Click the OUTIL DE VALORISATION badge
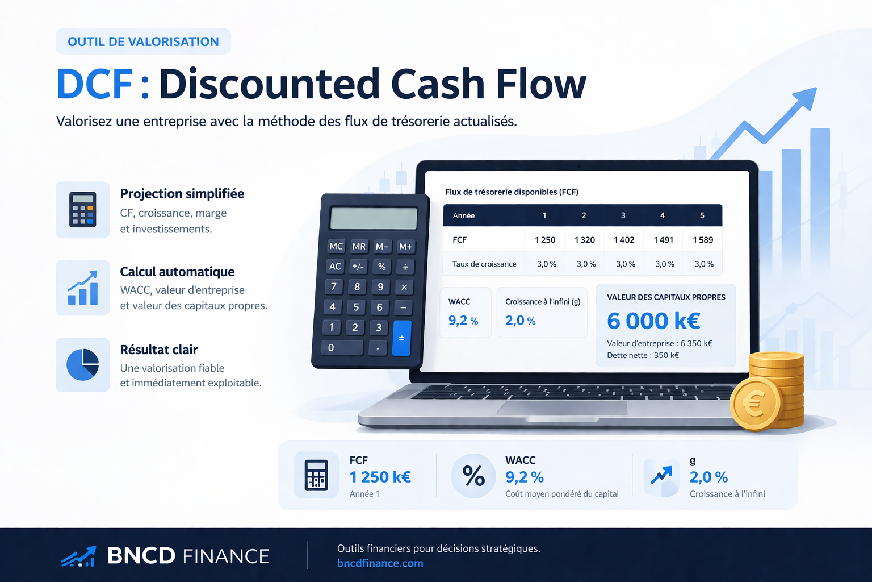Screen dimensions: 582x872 (x=143, y=41)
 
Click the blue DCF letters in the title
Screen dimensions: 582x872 (x=95, y=85)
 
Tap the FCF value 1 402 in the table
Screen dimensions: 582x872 (x=624, y=240)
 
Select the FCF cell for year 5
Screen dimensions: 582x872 (x=702, y=240)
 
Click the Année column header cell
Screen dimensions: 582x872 (x=464, y=215)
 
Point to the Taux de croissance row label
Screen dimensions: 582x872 (x=484, y=264)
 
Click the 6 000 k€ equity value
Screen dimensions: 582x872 (x=653, y=321)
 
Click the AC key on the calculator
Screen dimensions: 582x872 (x=336, y=267)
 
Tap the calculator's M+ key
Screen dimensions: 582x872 (x=405, y=247)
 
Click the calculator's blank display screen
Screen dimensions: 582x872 (x=374, y=219)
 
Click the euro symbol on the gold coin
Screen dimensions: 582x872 (x=755, y=405)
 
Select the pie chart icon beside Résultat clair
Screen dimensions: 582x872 (x=83, y=364)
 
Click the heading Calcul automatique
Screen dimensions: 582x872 (x=177, y=272)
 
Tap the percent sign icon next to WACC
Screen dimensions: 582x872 (x=473, y=476)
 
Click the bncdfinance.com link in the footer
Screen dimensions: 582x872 (x=380, y=563)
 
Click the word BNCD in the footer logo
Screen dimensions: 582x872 (x=141, y=556)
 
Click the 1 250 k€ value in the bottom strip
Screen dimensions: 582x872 (x=380, y=477)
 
